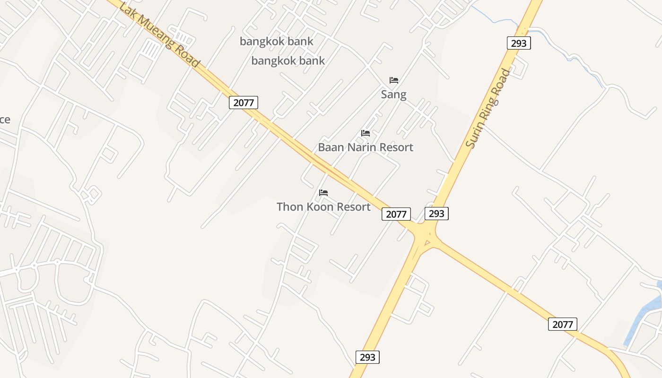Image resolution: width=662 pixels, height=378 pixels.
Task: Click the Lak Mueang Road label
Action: (159, 35)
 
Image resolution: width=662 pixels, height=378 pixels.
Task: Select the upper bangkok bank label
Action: (276, 42)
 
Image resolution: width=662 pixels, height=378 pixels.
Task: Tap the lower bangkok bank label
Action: (288, 61)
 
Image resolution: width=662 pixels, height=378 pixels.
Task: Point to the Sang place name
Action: (393, 94)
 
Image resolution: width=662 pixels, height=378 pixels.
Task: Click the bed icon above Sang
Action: (393, 80)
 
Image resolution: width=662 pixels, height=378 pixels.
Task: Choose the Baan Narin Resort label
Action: (366, 147)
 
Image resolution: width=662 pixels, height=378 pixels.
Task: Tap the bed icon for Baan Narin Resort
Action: (366, 133)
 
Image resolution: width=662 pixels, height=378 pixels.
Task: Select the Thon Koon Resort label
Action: (323, 207)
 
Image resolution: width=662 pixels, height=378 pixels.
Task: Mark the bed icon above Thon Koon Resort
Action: (323, 193)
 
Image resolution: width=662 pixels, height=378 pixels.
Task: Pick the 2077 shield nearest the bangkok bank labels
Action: (244, 103)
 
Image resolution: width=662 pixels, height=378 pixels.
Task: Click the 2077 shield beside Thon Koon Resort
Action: (396, 214)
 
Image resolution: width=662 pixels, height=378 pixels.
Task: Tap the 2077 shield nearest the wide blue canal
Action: (563, 324)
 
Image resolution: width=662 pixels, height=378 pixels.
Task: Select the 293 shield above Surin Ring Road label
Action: (519, 43)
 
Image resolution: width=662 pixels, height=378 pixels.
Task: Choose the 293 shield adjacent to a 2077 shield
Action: (436, 214)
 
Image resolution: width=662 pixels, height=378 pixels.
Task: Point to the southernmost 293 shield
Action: (367, 357)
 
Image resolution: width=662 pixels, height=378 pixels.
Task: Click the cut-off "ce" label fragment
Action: (5, 120)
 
